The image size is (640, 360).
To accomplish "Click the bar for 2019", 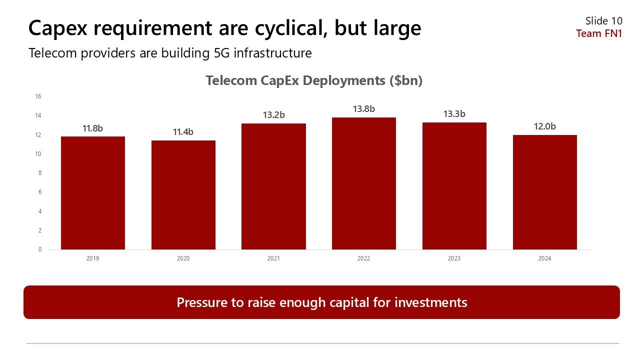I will tap(92, 193).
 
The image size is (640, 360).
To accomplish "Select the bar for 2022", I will tap(363, 183).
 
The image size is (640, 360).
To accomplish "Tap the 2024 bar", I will tap(544, 192).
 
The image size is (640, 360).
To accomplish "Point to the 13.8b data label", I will tap(363, 108).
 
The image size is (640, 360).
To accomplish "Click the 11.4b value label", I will tap(183, 132).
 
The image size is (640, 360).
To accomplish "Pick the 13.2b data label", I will tap(273, 115).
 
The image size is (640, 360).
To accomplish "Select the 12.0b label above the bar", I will tap(544, 126).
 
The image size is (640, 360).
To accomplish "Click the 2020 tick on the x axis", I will tap(183, 258).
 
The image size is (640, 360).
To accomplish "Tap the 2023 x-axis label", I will tap(454, 258).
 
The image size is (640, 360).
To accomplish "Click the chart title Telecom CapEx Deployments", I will tap(314, 80).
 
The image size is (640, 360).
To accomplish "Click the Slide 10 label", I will tap(604, 21).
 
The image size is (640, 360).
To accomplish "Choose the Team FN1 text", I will tap(599, 33).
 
